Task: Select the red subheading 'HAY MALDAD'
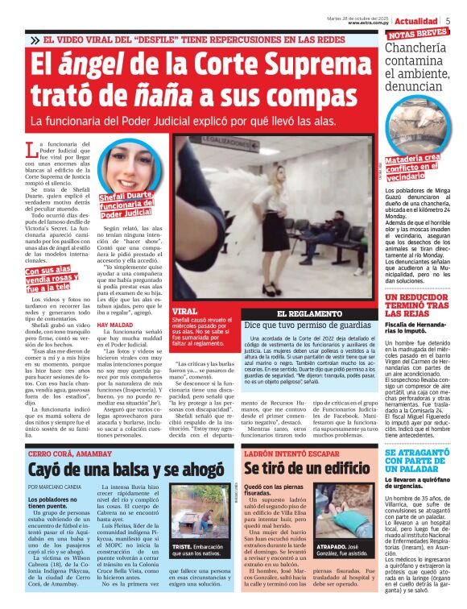114,325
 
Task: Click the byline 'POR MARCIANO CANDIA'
55,488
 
